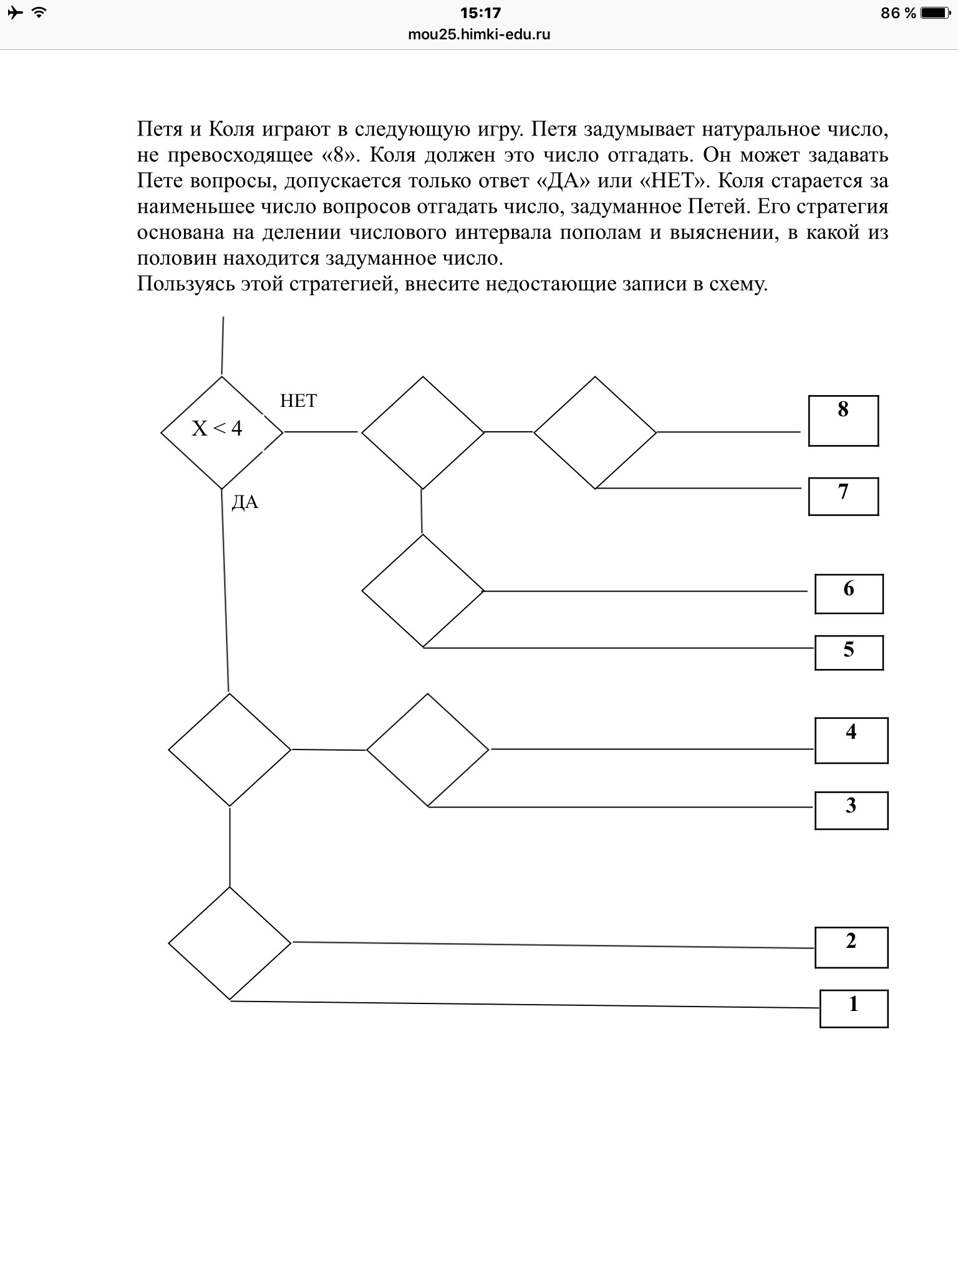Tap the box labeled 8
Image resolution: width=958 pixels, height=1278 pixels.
[843, 421]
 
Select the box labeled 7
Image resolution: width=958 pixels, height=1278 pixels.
[843, 496]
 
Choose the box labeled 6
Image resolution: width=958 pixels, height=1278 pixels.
[849, 593]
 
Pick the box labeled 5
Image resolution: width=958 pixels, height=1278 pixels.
[849, 652]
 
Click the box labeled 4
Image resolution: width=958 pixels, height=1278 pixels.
[851, 740]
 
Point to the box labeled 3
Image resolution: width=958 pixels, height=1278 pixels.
[851, 810]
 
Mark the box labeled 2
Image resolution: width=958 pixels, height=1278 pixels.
[851, 947]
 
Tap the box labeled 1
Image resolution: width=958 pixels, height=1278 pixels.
[853, 1008]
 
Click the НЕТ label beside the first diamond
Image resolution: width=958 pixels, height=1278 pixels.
[299, 401]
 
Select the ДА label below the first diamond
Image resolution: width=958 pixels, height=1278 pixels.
[244, 503]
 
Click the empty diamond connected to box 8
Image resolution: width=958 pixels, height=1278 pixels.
[595, 432]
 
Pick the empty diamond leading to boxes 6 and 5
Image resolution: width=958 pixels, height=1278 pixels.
[423, 591]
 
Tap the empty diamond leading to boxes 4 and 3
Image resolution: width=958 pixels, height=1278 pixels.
[428, 749]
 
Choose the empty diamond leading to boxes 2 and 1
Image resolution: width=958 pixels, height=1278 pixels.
[230, 943]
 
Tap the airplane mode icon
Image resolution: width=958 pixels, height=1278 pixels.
[15, 12]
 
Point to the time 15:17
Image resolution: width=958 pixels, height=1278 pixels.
[480, 12]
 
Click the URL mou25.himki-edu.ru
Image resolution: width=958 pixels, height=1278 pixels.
[479, 34]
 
